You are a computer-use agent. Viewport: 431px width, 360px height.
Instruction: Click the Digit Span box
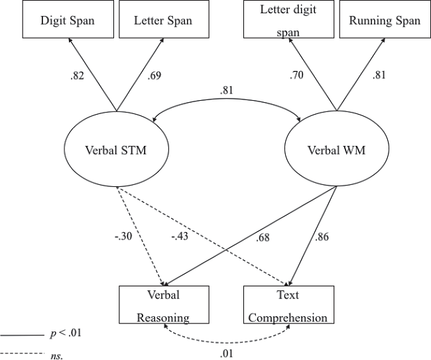[x=68, y=21]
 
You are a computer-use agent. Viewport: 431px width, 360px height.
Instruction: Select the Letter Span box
[x=163, y=21]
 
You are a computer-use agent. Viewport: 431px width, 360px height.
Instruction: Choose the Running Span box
[x=384, y=20]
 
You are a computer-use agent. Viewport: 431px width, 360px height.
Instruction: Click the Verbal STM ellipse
[x=115, y=150]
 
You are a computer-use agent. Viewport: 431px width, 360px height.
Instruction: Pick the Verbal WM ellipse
[x=336, y=150]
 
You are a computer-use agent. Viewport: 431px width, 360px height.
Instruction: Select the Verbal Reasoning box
[x=163, y=305]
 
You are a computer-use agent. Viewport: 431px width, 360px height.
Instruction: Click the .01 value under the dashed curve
[x=227, y=352]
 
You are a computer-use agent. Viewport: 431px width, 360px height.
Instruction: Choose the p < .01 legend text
[x=66, y=333]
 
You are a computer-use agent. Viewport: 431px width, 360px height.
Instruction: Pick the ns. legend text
[x=57, y=355]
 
